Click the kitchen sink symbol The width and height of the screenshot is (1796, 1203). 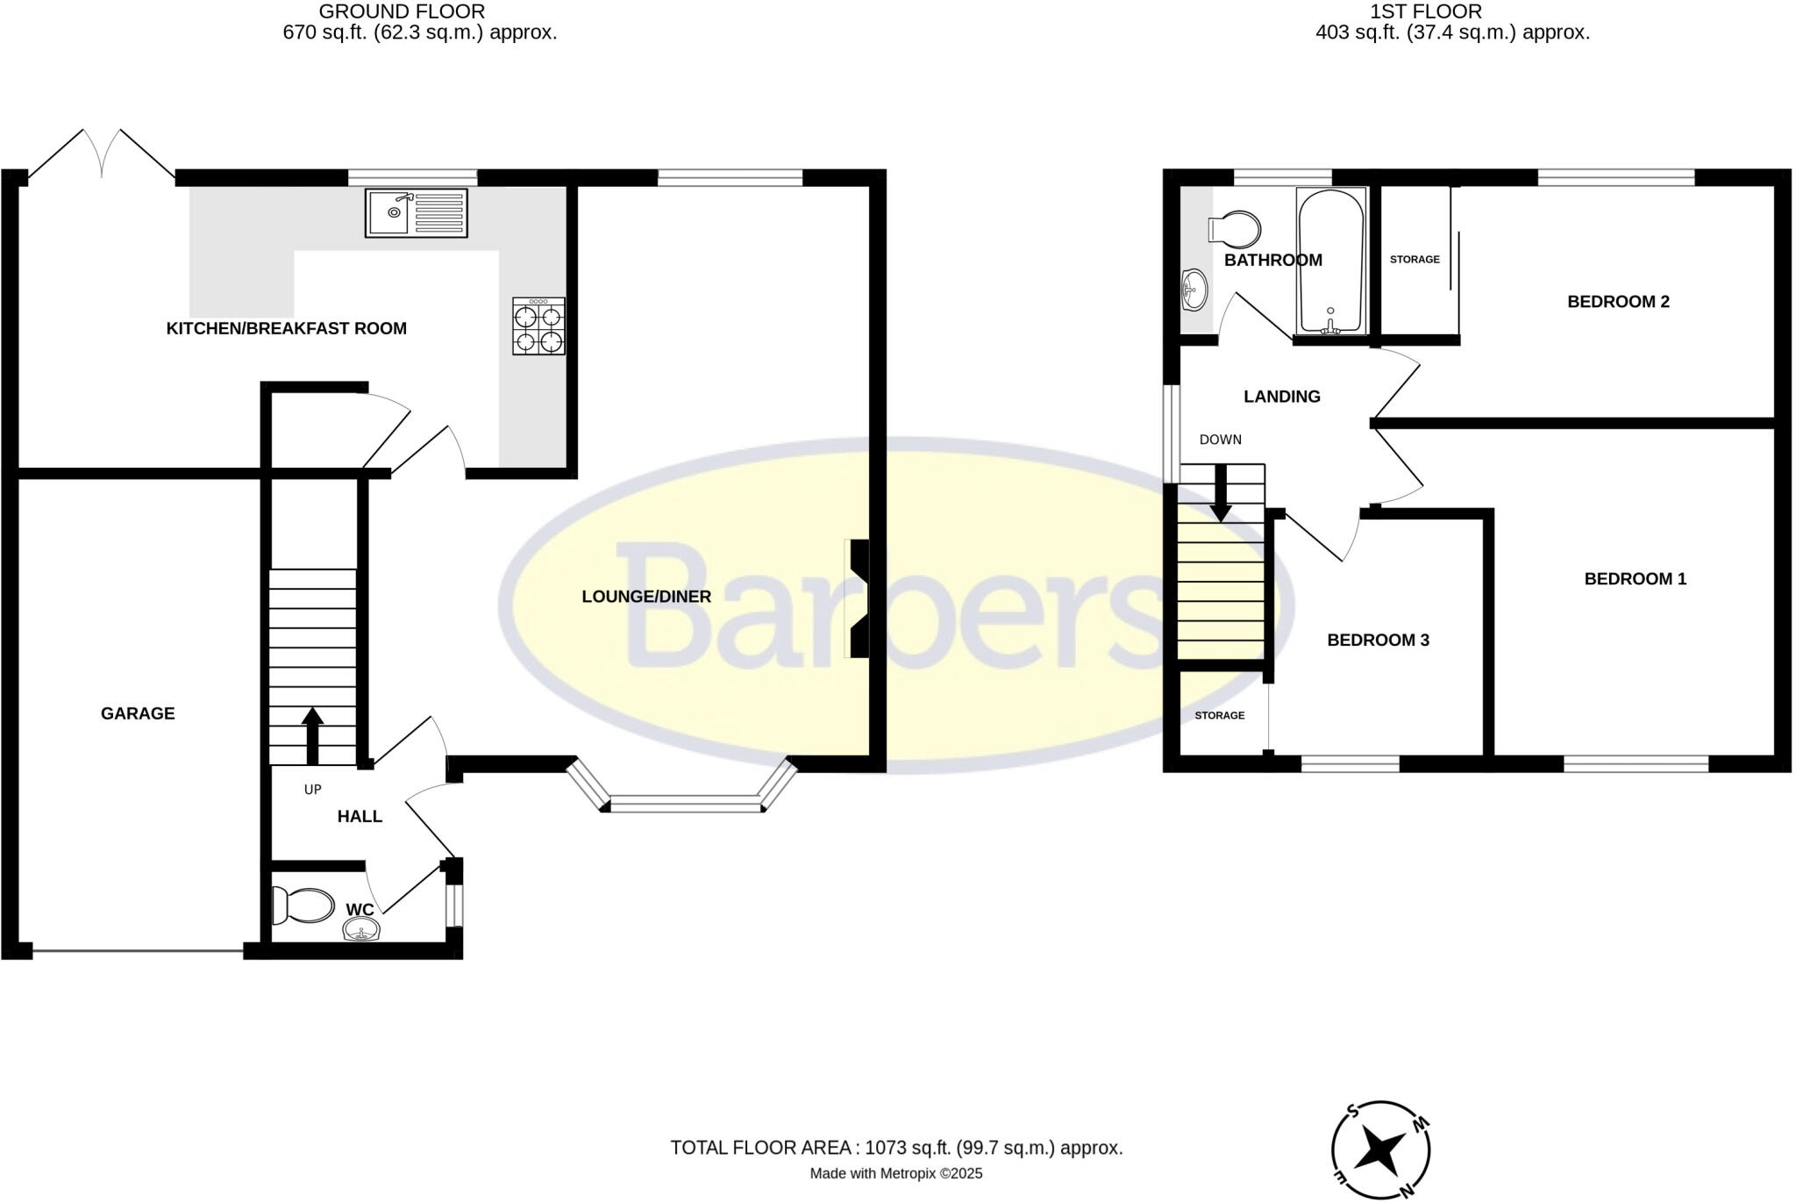click(x=416, y=212)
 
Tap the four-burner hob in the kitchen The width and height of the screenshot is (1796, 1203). click(x=538, y=326)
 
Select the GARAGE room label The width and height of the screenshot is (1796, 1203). click(x=138, y=713)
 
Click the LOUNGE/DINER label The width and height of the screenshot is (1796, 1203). click(x=646, y=597)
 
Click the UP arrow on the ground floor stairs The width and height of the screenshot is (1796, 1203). click(x=312, y=735)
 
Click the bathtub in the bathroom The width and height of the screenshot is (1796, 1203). click(x=1330, y=261)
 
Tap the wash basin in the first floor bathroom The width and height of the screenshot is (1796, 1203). click(x=1194, y=289)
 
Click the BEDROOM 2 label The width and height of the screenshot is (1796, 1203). click(x=1618, y=302)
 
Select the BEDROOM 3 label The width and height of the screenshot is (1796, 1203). click(x=1378, y=641)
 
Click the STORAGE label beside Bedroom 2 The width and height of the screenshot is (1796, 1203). click(x=1415, y=260)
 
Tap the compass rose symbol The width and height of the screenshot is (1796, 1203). click(x=1380, y=1149)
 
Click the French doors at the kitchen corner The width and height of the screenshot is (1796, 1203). click(x=102, y=156)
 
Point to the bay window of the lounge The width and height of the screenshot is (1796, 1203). click(x=683, y=798)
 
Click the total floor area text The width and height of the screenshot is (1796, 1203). click(x=896, y=1148)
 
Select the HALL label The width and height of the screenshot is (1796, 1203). click(x=360, y=817)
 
